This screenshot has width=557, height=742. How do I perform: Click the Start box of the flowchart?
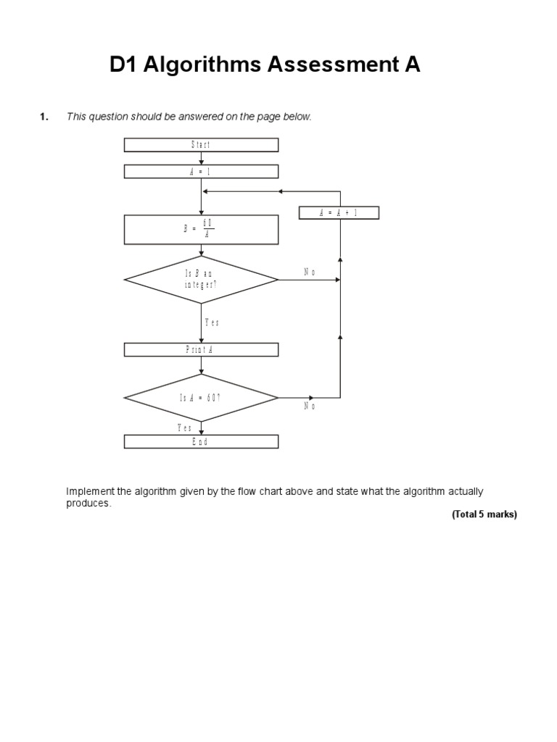pos(201,145)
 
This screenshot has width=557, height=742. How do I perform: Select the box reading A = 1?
pos(201,172)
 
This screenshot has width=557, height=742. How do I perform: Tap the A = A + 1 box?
pos(339,212)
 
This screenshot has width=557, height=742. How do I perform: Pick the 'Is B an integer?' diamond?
pos(201,279)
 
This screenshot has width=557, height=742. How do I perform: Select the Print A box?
pos(201,350)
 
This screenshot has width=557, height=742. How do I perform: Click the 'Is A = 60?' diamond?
pos(201,398)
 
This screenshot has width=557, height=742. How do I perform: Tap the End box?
pos(201,442)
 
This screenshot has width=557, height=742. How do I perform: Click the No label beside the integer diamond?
pos(310,272)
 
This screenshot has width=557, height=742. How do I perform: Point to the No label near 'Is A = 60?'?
pos(310,407)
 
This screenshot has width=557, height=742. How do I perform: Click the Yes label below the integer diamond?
pos(212,323)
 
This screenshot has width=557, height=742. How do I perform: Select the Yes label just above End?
pos(185,428)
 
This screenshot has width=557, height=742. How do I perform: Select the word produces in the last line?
pos(88,503)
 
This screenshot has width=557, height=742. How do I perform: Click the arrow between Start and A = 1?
pos(202,159)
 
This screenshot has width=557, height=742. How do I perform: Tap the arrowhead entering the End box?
pos(202,432)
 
